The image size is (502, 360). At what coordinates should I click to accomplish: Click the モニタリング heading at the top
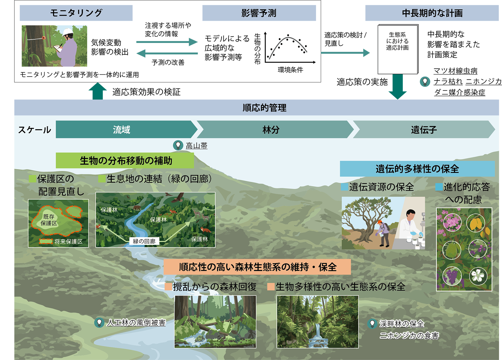[76, 13]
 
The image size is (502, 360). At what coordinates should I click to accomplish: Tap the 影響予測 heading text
[259, 13]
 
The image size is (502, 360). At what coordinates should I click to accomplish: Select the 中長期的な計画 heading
[432, 13]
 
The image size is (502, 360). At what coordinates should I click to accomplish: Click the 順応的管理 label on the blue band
[264, 108]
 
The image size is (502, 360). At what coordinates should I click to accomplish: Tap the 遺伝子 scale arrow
[424, 130]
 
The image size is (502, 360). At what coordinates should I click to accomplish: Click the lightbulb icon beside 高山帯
[178, 145]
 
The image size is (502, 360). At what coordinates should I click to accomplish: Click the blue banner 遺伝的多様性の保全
[417, 169]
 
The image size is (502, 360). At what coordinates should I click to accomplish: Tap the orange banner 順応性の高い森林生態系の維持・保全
[257, 267]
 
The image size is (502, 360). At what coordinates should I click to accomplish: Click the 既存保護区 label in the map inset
[49, 220]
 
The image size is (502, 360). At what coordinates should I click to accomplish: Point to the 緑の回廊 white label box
[144, 241]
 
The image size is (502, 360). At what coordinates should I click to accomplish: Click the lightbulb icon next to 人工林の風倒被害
[99, 322]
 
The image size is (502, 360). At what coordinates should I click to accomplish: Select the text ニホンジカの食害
[409, 336]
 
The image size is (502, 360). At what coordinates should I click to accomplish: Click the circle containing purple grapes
[452, 276]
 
